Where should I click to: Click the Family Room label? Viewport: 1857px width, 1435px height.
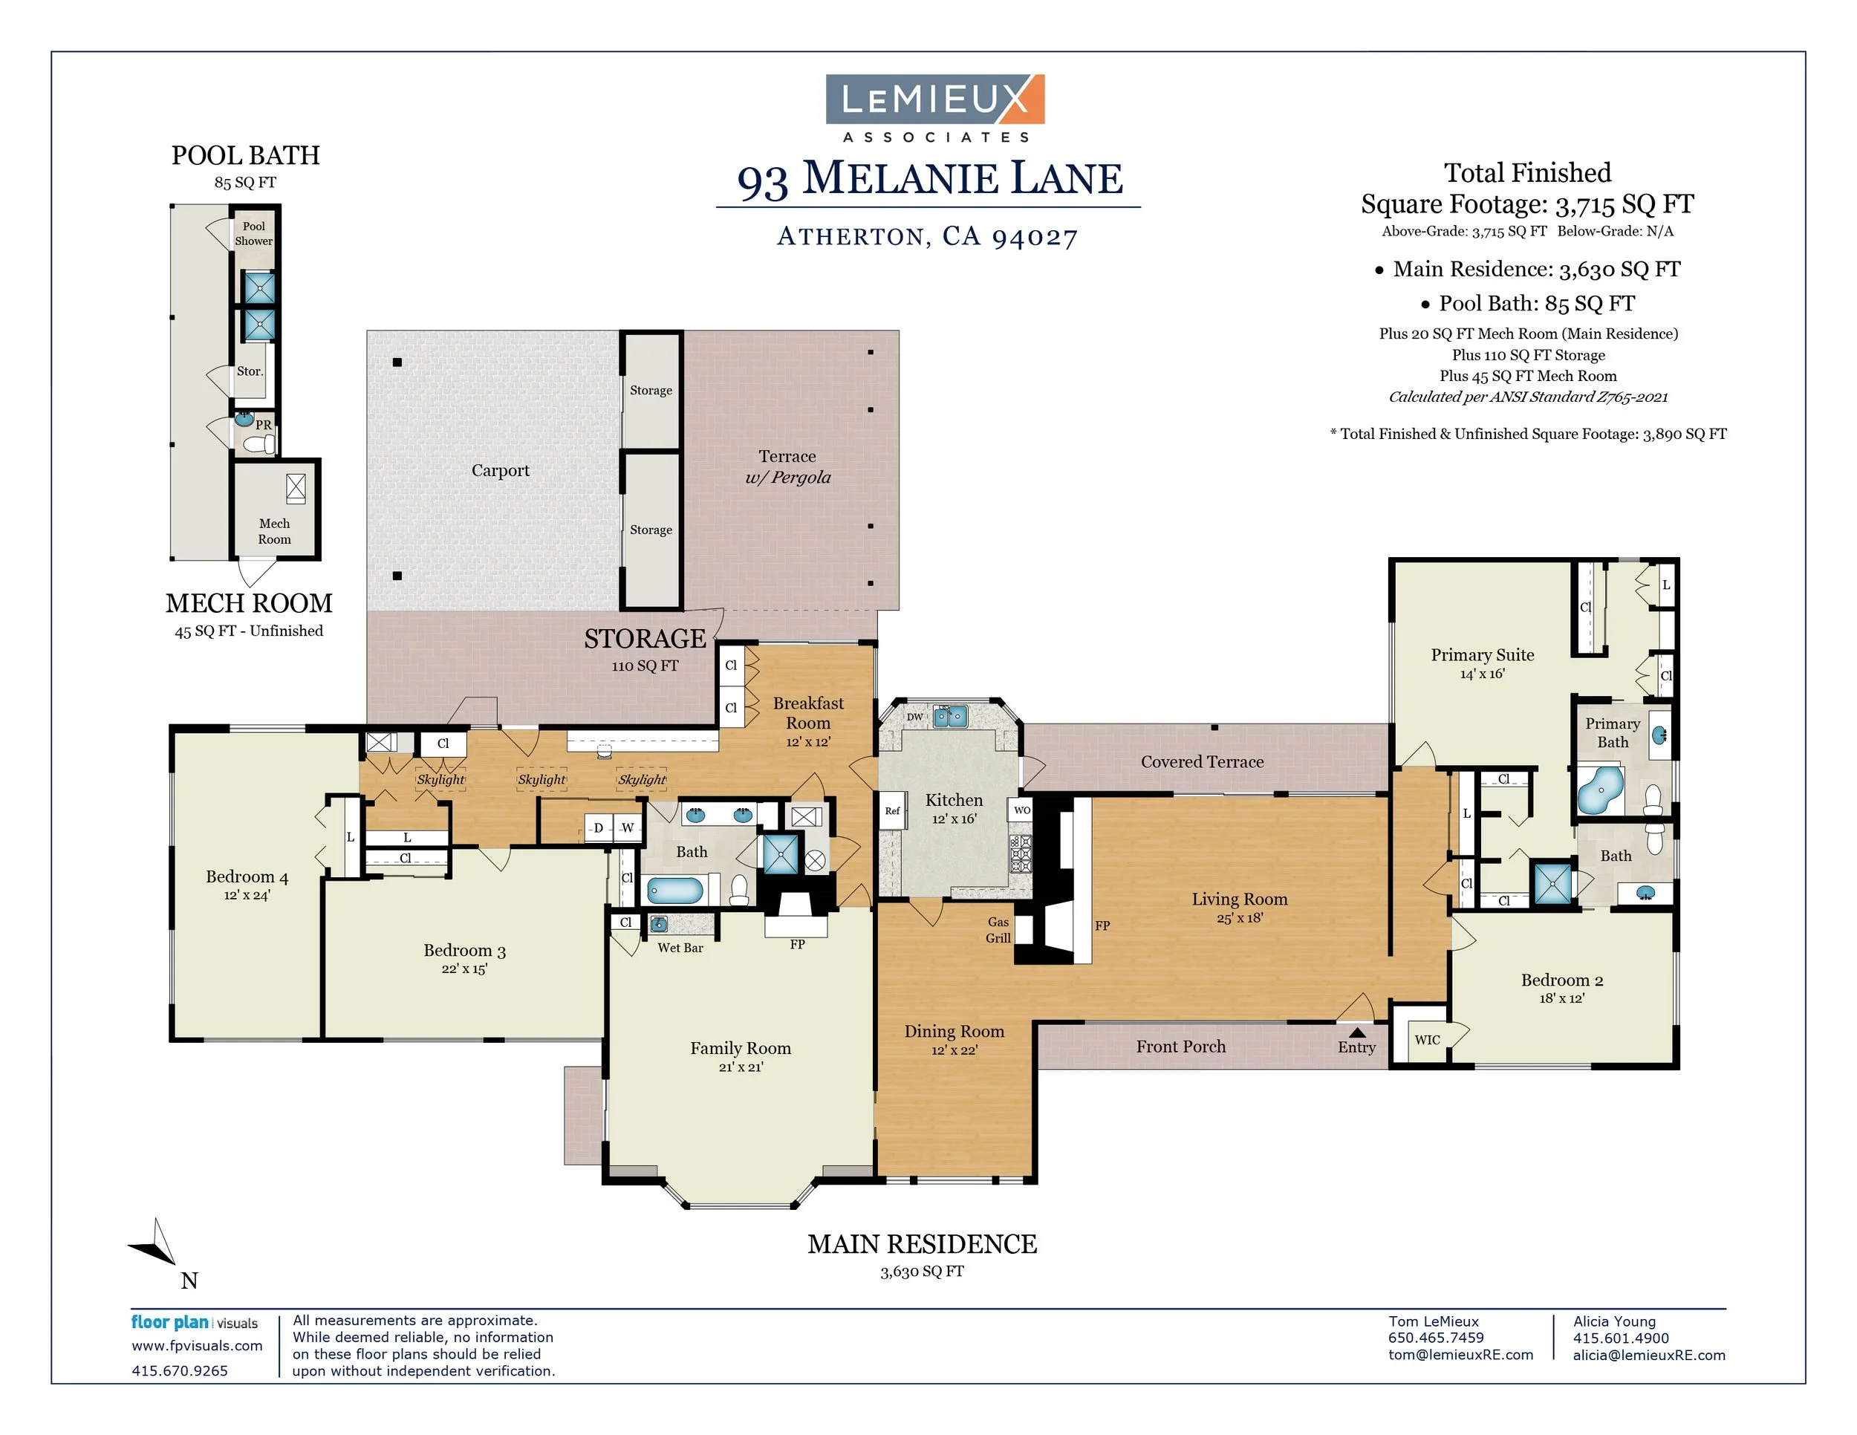pos(741,1048)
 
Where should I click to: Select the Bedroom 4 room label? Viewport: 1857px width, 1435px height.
pos(247,876)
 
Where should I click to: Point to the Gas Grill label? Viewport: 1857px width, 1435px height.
pos(998,930)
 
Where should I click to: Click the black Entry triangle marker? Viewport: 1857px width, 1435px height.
pos(1357,1032)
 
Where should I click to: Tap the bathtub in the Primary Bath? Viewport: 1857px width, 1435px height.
pos(1600,790)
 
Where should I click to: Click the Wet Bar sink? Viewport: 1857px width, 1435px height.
pos(658,924)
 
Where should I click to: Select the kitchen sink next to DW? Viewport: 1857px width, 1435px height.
pos(951,717)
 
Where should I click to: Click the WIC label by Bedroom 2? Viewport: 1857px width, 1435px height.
pos(1428,1040)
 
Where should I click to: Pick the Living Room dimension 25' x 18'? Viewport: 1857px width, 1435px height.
pos(1240,918)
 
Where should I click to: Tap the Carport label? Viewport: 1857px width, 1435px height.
pos(500,470)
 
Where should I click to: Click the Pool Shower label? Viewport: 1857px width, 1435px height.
pos(253,234)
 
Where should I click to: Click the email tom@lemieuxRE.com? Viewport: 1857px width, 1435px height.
pos(1461,1355)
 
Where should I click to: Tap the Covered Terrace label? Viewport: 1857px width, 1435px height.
pos(1203,762)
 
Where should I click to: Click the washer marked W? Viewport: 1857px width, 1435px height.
pos(627,828)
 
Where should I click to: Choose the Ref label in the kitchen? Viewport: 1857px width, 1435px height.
pos(892,811)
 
